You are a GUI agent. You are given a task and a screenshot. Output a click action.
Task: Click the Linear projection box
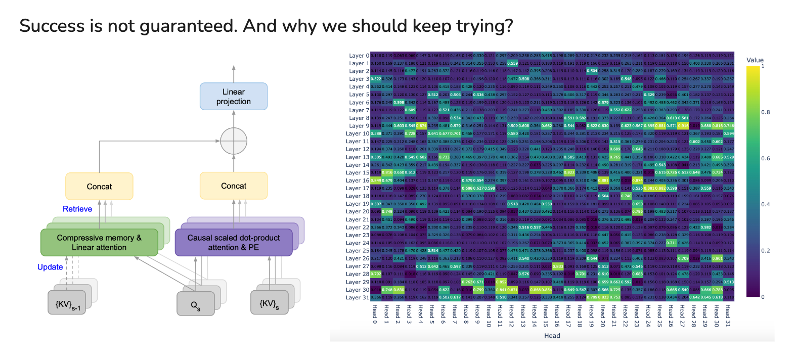233,97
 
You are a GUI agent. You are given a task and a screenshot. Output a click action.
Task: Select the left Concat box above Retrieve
99,187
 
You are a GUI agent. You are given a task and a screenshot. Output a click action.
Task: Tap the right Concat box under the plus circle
233,186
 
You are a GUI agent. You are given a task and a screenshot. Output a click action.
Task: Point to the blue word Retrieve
77,209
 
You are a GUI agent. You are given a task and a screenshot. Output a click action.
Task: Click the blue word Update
50,267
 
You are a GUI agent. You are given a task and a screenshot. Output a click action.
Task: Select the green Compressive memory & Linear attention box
99,243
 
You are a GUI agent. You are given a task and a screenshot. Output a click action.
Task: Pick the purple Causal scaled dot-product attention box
233,243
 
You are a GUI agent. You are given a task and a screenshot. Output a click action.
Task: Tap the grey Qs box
195,305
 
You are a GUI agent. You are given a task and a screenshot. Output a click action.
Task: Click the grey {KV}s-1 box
68,304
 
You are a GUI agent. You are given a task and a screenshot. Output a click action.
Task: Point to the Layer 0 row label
359,56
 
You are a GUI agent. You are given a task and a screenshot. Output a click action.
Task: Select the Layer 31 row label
358,297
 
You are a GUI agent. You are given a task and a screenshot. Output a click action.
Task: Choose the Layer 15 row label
358,173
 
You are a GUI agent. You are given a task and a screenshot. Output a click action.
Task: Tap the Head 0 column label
375,314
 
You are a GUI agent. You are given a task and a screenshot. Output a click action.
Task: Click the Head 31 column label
728,316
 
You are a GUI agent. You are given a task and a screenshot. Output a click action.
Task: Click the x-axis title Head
552,336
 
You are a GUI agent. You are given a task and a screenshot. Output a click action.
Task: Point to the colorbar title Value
755,60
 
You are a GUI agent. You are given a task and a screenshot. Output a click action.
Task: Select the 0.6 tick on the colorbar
766,158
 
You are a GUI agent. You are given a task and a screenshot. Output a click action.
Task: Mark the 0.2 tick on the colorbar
766,251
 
